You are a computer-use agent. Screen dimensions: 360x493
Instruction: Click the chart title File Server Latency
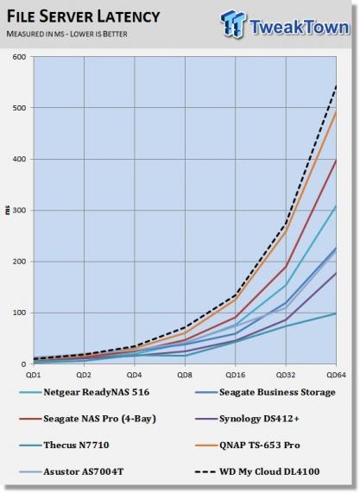click(84, 16)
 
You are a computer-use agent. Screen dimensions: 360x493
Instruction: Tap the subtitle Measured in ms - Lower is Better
click(67, 34)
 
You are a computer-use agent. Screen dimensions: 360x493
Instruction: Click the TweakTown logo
click(286, 24)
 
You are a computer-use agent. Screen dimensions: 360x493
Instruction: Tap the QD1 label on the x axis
click(34, 375)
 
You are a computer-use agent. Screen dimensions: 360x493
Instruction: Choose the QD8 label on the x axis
click(185, 375)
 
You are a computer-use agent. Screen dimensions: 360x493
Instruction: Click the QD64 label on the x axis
click(336, 375)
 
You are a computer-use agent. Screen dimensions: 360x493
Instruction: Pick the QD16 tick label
click(235, 375)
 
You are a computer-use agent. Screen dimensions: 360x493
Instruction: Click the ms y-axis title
click(8, 210)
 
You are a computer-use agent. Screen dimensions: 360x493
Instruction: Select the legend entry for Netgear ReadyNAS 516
click(85, 392)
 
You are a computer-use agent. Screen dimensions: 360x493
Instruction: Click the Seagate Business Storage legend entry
click(265, 392)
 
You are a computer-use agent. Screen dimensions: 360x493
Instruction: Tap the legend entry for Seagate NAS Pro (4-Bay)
click(88, 419)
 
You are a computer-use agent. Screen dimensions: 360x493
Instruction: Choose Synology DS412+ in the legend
click(247, 419)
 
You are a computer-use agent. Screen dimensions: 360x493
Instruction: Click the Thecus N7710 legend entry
click(64, 446)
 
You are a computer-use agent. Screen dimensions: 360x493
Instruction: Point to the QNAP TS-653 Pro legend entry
click(248, 446)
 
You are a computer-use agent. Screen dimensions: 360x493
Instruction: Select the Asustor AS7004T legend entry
click(72, 471)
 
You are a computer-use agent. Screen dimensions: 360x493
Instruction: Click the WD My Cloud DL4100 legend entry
click(257, 471)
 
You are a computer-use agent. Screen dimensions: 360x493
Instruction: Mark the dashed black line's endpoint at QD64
click(336, 85)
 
